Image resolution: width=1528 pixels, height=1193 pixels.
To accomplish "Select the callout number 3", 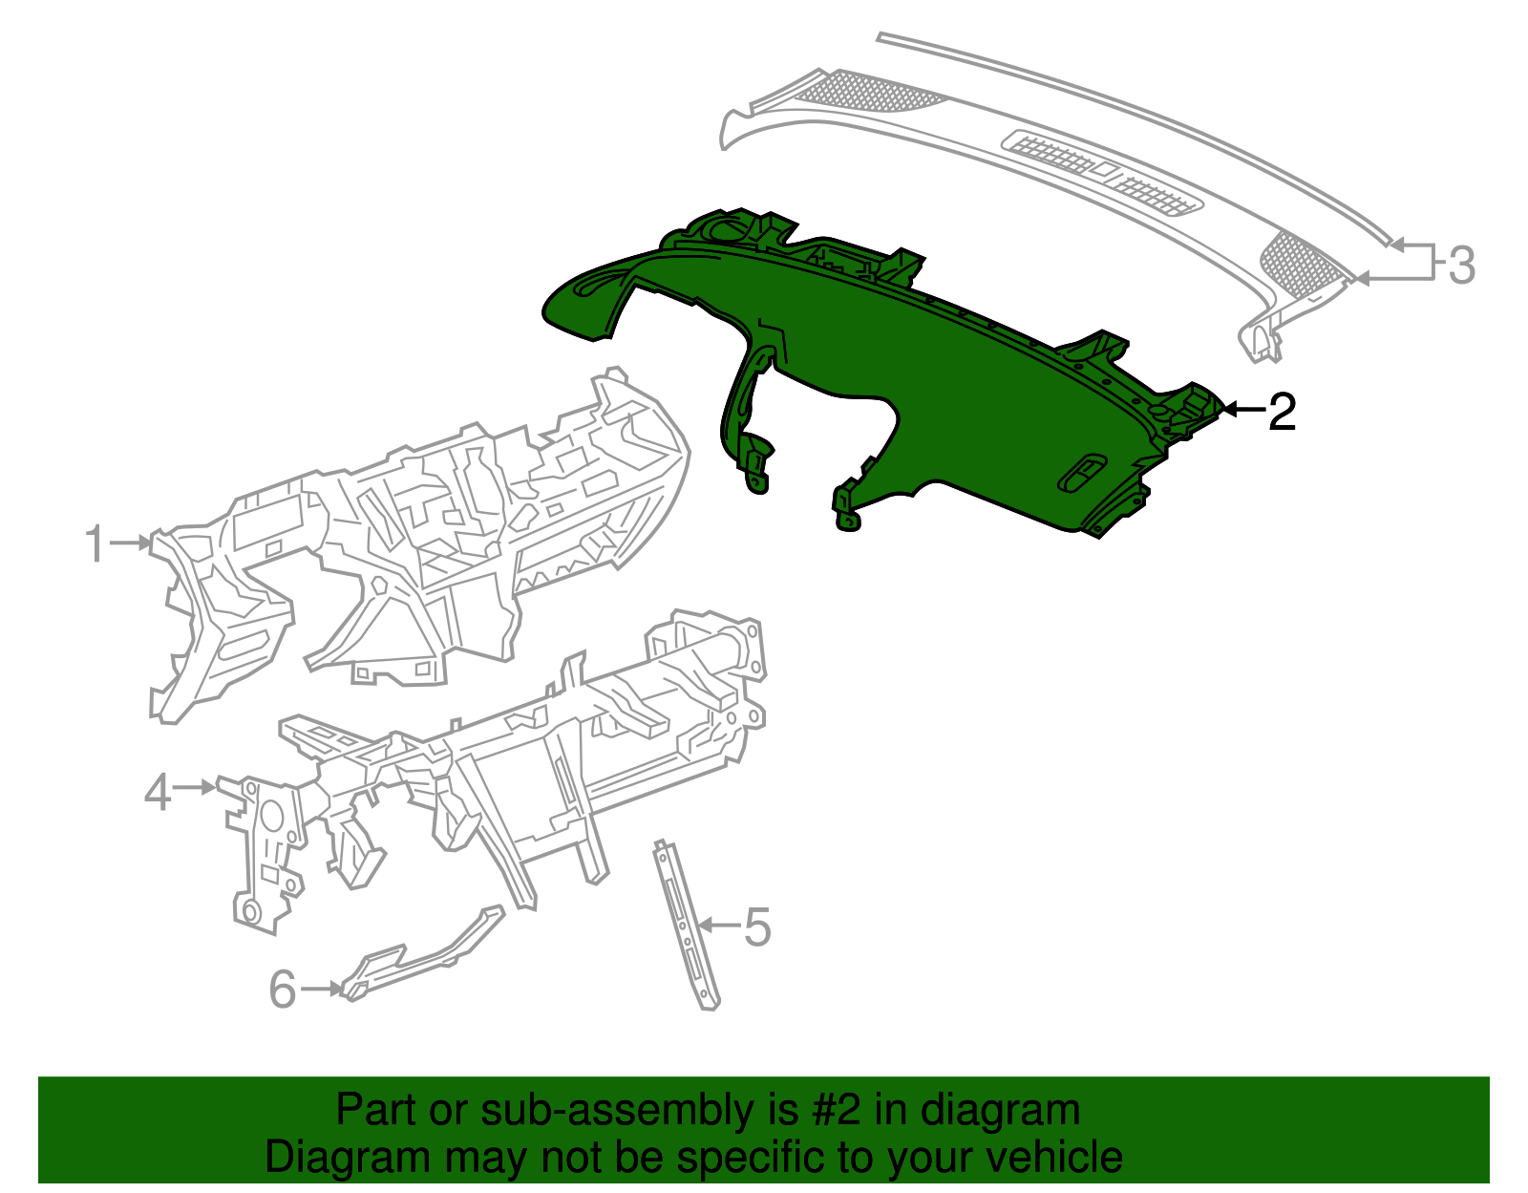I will click(x=1461, y=265).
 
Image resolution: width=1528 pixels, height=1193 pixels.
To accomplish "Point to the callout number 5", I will click(x=756, y=927).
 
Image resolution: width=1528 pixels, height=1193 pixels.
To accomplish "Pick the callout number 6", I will click(x=282, y=990).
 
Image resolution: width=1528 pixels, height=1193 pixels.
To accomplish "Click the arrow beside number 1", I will click(x=131, y=543).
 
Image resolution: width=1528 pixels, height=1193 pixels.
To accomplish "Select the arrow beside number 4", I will click(x=196, y=787).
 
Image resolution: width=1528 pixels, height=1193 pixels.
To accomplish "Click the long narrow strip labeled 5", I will click(x=686, y=925).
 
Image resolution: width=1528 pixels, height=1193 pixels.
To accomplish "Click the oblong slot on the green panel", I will click(x=1083, y=472).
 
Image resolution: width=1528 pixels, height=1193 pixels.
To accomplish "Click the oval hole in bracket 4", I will click(x=271, y=817).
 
